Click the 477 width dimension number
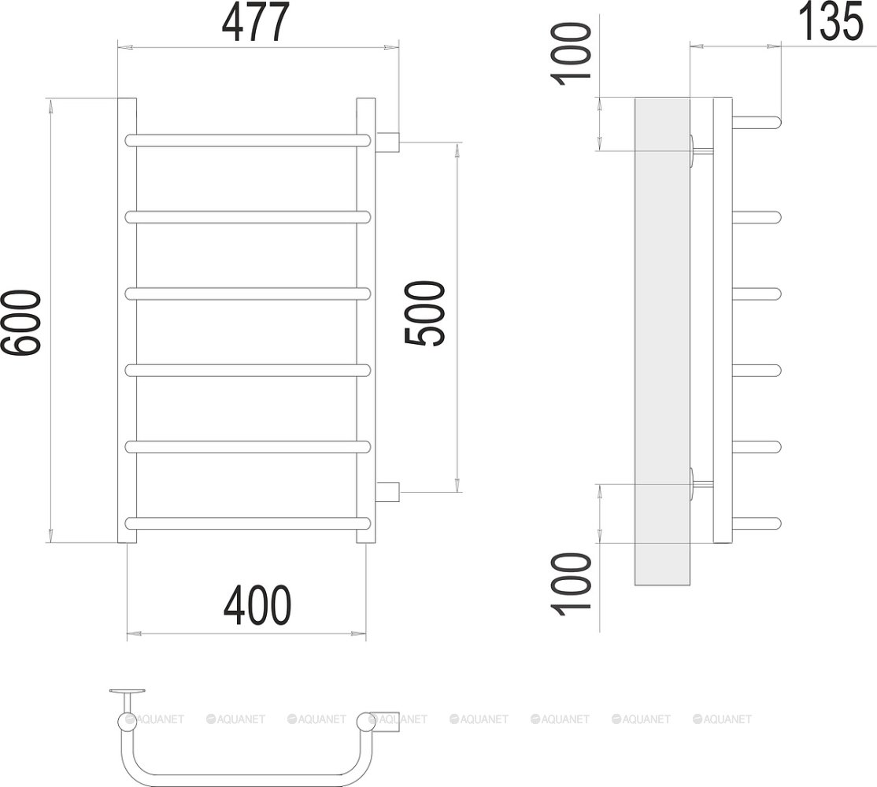256,22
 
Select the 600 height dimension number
20,323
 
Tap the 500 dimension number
424,313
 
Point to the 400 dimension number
257,605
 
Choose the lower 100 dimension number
572,584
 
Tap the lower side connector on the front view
387,492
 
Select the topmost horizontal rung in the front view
248,140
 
